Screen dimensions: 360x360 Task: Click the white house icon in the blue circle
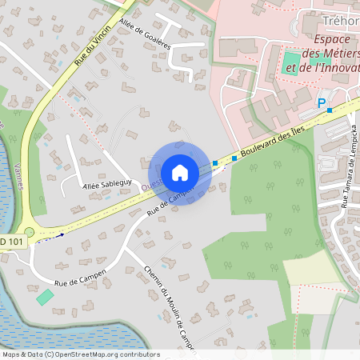click(x=180, y=173)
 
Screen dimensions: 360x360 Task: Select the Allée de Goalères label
click(x=145, y=34)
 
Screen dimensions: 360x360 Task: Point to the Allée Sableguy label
click(x=106, y=186)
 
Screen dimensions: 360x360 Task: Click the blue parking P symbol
click(x=322, y=102)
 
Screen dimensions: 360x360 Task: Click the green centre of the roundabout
click(x=30, y=232)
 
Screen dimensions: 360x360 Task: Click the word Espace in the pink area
click(x=335, y=40)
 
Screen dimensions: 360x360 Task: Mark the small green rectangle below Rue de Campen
click(x=46, y=296)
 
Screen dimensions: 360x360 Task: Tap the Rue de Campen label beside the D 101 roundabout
click(x=80, y=278)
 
